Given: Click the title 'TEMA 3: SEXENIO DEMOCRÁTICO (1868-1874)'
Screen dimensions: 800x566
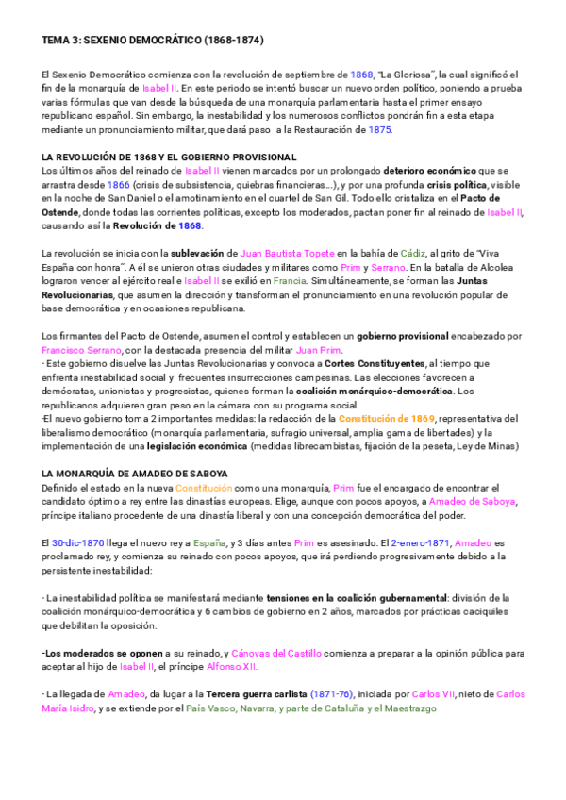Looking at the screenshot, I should tap(152, 42).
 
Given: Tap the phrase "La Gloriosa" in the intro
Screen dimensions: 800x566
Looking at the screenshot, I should tap(405, 75).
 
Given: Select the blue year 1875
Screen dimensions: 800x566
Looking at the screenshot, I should tap(379, 129).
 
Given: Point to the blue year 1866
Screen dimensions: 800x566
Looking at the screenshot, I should tap(119, 185).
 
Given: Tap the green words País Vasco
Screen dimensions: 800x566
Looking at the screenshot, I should tap(210, 708).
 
